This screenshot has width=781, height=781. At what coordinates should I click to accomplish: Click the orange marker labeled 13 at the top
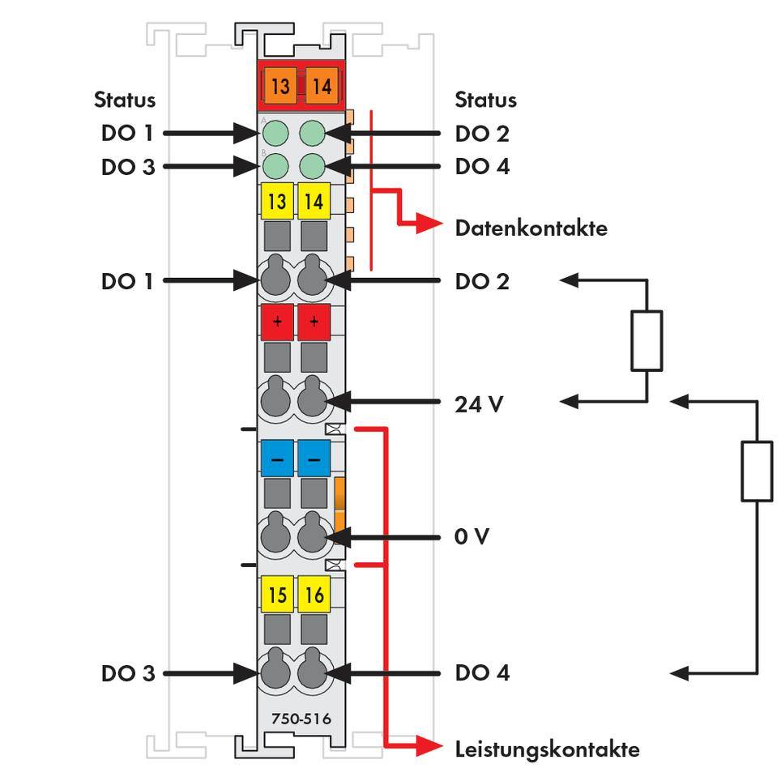[280, 85]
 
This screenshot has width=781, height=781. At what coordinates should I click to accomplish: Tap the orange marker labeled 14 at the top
[322, 85]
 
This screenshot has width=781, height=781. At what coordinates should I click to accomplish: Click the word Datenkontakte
[531, 228]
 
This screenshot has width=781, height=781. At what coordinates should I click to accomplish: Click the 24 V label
[479, 403]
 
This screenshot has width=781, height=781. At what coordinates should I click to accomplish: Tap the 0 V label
[472, 536]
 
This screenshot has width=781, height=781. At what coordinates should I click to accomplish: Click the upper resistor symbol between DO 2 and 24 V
[646, 340]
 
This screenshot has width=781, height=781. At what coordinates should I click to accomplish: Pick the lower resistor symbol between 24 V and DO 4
[757, 471]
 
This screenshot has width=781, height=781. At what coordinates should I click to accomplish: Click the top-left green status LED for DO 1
[277, 132]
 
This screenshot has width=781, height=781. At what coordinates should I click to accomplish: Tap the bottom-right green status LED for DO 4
[312, 166]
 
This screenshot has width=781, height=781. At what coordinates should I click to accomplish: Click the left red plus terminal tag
[277, 322]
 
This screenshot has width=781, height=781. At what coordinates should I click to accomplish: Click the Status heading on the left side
[125, 100]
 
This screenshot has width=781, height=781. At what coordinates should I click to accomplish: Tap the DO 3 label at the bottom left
[127, 672]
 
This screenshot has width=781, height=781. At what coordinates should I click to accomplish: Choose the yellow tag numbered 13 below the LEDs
[277, 200]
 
